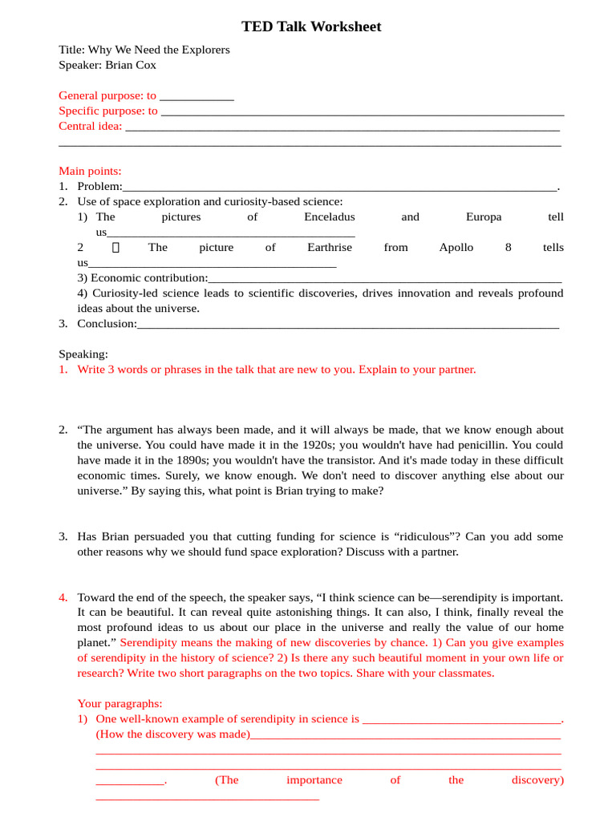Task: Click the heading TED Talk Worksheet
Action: click(311, 27)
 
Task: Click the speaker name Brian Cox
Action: click(131, 65)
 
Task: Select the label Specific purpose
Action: click(102, 111)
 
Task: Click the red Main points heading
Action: click(90, 171)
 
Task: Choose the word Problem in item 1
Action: click(99, 186)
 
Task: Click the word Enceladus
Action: click(329, 217)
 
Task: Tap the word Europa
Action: click(484, 217)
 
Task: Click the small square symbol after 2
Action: click(115, 248)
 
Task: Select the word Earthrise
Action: click(329, 248)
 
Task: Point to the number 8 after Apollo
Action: click(509, 248)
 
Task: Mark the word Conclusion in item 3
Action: click(106, 324)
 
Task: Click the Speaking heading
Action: click(83, 354)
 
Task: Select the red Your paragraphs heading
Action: click(120, 704)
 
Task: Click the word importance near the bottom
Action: click(314, 780)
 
